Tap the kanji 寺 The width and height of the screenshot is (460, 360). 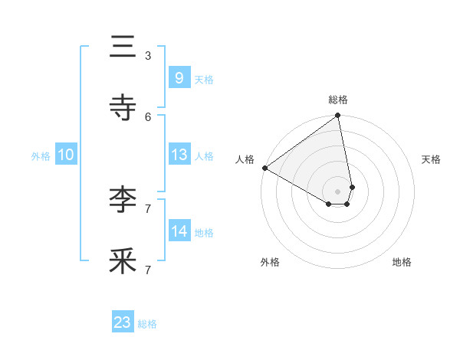coord(123,108)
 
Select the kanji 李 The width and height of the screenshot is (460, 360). coord(123,200)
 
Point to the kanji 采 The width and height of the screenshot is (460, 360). coord(123,261)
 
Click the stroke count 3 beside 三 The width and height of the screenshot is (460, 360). coord(148,55)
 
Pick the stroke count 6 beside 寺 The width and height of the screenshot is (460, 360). coord(148,116)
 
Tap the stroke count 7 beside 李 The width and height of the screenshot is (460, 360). coord(148,208)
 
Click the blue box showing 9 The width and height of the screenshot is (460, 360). coord(179,77)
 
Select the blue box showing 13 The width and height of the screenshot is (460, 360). coord(179,155)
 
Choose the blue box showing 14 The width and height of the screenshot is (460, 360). coord(179,231)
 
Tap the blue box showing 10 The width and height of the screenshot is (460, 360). coord(66,155)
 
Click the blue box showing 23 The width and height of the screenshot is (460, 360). coord(123,322)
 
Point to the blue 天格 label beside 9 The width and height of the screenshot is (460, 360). coord(204,79)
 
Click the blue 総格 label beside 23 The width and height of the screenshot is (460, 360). coord(147,324)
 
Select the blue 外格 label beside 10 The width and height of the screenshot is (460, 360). coord(41,156)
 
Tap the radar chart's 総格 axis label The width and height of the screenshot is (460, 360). coord(338,100)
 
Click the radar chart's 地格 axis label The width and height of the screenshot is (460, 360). coord(402,263)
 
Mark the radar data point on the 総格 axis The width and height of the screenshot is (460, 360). coord(338,116)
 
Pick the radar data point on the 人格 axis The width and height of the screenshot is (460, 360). coord(264,168)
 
